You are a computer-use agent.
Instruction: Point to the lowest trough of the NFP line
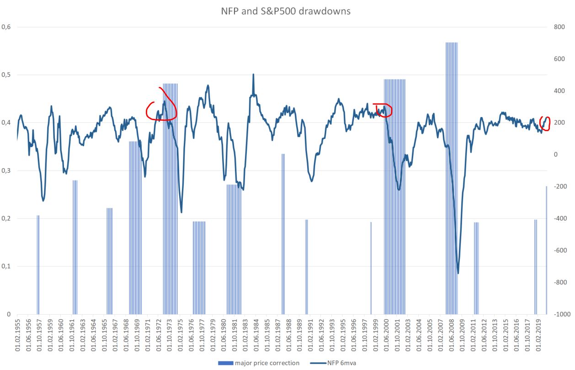tap(458, 273)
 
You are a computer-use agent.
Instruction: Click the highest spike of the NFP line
tap(253, 74)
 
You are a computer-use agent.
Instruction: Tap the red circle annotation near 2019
tap(545, 123)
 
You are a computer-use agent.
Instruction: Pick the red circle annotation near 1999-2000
tap(383, 110)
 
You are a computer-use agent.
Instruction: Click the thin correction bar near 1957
tap(38, 265)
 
